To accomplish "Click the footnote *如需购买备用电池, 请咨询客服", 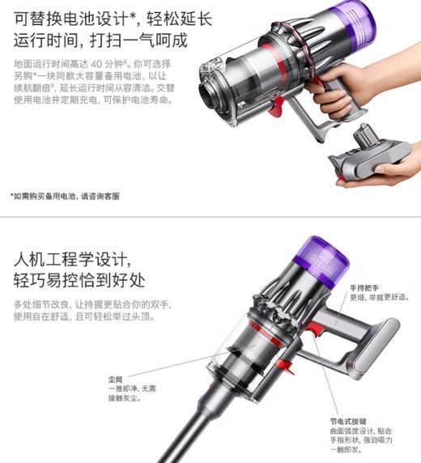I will [65, 196].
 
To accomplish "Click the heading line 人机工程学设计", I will [72, 261].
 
